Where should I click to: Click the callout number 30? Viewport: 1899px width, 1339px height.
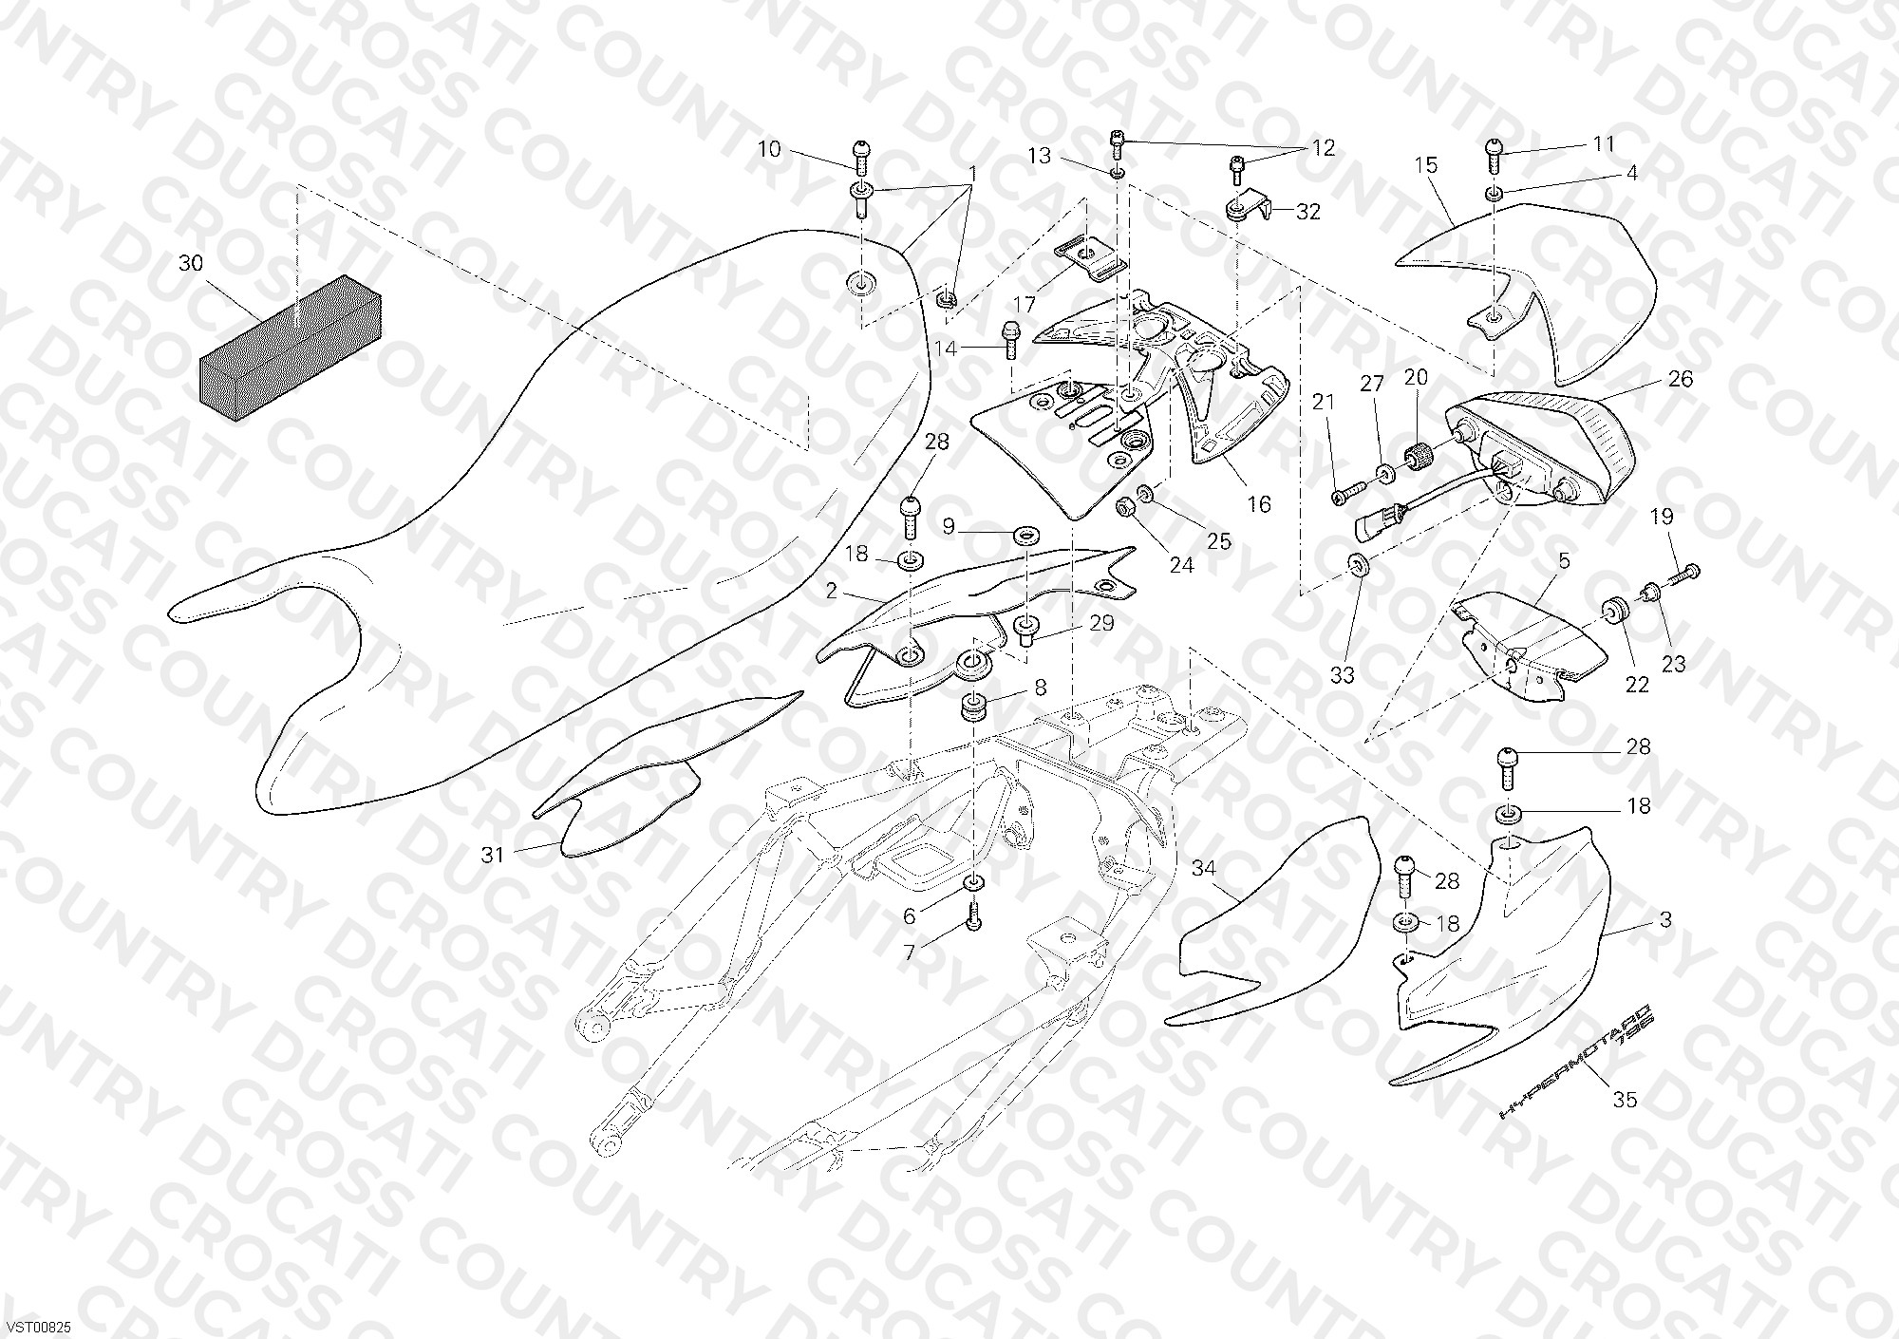191,263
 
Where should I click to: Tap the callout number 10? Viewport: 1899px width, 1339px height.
769,149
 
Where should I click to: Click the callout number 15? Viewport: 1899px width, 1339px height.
1426,164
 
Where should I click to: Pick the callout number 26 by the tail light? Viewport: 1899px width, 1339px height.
1681,379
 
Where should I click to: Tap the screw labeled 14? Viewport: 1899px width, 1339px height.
1009,338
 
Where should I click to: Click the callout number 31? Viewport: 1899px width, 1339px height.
492,855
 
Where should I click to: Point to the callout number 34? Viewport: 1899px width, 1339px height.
1204,868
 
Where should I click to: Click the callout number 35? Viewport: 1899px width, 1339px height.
1626,1100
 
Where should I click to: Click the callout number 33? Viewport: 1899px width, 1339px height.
1342,675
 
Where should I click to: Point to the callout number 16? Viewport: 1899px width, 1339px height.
1259,503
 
